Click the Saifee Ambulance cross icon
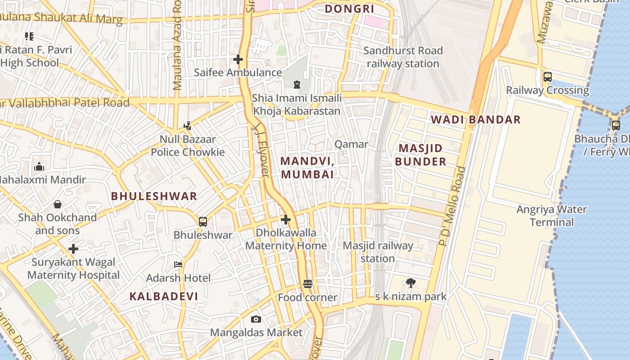238,59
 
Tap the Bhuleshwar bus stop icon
203,221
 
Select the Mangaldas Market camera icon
256,319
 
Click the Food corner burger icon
308,284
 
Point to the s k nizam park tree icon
410,283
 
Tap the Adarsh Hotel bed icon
178,265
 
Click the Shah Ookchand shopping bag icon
58,204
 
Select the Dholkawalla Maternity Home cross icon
286,220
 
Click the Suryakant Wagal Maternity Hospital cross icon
73,249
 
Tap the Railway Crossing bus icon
548,77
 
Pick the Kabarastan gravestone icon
297,85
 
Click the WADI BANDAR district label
476,120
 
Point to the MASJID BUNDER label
421,155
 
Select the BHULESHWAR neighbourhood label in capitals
154,196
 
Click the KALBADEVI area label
164,296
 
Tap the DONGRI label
350,9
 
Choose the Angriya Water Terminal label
551,216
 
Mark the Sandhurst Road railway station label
403,57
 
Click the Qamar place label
351,144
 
